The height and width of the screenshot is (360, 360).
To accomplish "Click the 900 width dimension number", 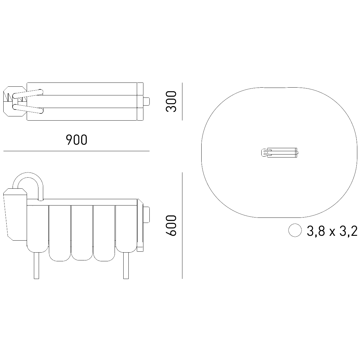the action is [x=76, y=139].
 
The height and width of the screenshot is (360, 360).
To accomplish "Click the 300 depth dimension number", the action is [x=171, y=101].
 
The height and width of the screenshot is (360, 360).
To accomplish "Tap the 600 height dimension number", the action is [x=171, y=226].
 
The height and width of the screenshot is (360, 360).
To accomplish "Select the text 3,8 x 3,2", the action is [x=332, y=231].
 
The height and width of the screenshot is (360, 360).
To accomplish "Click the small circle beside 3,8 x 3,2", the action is [x=295, y=230].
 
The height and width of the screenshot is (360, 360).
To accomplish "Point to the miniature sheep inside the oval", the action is [x=280, y=153].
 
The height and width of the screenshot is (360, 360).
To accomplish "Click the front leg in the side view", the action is [x=36, y=265].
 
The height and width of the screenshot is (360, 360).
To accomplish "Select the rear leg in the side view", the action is [x=126, y=265].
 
